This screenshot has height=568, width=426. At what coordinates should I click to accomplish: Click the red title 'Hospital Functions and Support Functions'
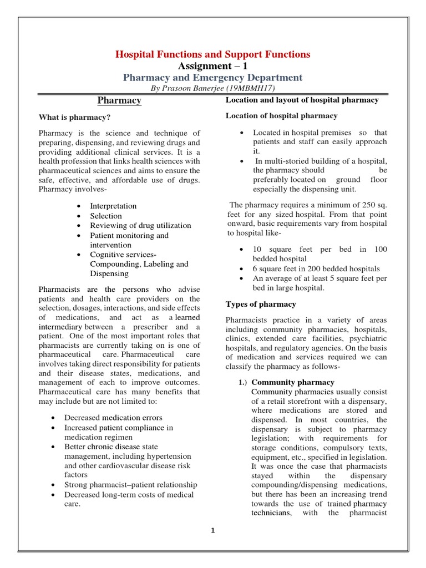coord(212,54)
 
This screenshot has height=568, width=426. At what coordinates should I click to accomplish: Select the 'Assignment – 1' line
coord(212,66)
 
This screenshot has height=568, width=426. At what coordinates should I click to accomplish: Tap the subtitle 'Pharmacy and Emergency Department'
coord(212,78)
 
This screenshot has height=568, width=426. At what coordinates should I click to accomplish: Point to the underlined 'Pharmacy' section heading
coord(119,100)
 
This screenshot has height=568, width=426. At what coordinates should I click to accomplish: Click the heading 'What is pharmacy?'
coord(74,117)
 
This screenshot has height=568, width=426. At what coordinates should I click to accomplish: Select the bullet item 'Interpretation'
coord(113,206)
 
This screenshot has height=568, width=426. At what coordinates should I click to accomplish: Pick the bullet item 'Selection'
coord(106,216)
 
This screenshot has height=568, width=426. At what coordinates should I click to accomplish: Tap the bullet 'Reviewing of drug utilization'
coord(140,225)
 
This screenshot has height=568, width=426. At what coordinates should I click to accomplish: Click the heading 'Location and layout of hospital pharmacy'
coord(302,100)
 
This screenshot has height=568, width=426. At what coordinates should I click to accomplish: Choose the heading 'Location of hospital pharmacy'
coord(281,115)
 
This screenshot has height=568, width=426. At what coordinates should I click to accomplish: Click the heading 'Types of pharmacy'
coord(261,304)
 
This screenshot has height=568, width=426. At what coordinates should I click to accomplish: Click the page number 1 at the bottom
coord(212,530)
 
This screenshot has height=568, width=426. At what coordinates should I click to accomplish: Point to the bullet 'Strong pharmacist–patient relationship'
coord(130,485)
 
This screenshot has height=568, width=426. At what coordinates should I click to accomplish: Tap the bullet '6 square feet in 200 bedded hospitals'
coord(316,268)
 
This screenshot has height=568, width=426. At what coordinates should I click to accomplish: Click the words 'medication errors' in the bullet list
coord(132,417)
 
